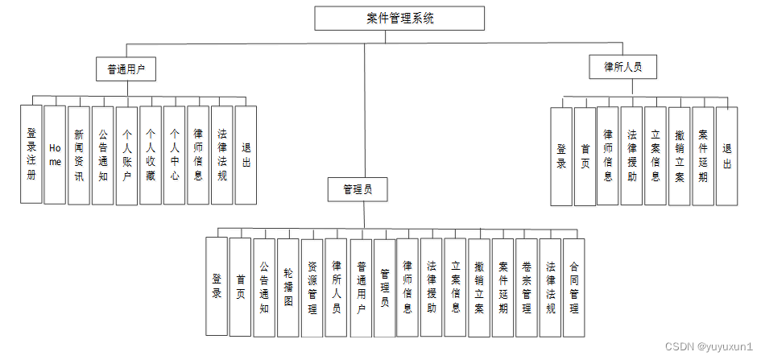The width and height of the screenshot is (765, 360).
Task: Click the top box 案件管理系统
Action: [x=399, y=19]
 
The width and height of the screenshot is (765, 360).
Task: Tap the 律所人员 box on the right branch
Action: [x=622, y=67]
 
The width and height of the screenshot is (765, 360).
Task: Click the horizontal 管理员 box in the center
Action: [x=358, y=190]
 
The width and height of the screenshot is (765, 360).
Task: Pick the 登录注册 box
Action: [x=31, y=154]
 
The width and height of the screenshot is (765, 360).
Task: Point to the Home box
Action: [x=55, y=154]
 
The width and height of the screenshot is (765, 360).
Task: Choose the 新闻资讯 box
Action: [x=79, y=154]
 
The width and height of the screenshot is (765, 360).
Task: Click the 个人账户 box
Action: [x=126, y=154]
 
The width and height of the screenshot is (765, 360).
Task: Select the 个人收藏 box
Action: [x=151, y=154]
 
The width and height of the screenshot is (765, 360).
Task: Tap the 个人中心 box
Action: [x=174, y=154]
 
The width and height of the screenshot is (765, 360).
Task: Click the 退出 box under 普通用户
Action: [x=246, y=154]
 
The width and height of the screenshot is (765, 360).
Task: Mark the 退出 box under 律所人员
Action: [x=726, y=155]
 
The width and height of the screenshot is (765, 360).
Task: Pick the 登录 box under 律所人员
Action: [x=561, y=155]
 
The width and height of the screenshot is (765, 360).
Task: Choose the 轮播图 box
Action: [x=287, y=287]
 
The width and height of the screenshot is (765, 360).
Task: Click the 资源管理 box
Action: [x=312, y=287]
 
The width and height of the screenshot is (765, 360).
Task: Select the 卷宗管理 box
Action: [x=526, y=287]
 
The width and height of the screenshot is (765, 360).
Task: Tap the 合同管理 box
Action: [x=573, y=287]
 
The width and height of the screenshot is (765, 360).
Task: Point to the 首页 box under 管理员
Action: [x=240, y=287]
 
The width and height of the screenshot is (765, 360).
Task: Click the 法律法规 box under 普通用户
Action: [x=221, y=154]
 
